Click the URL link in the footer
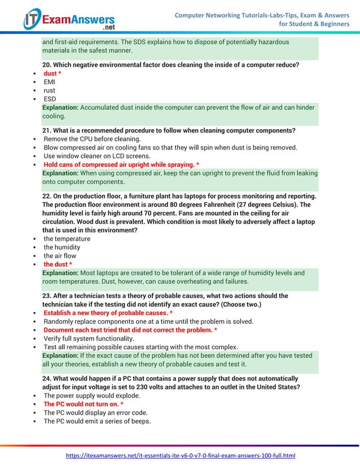coord(181,455)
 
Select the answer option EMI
coord(50,82)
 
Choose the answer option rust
coord(50,90)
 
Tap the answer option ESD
coord(50,99)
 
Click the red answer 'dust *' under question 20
coord(52,73)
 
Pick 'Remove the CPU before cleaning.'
coord(92,139)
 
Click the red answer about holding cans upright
coord(121,165)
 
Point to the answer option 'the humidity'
coord(62,247)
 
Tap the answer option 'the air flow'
coord(60,256)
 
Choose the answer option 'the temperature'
coord(67,239)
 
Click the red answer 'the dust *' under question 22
coord(58,264)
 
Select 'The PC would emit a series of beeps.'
coord(97,421)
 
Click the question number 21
coord(47,130)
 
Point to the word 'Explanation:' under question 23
coord(60,355)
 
